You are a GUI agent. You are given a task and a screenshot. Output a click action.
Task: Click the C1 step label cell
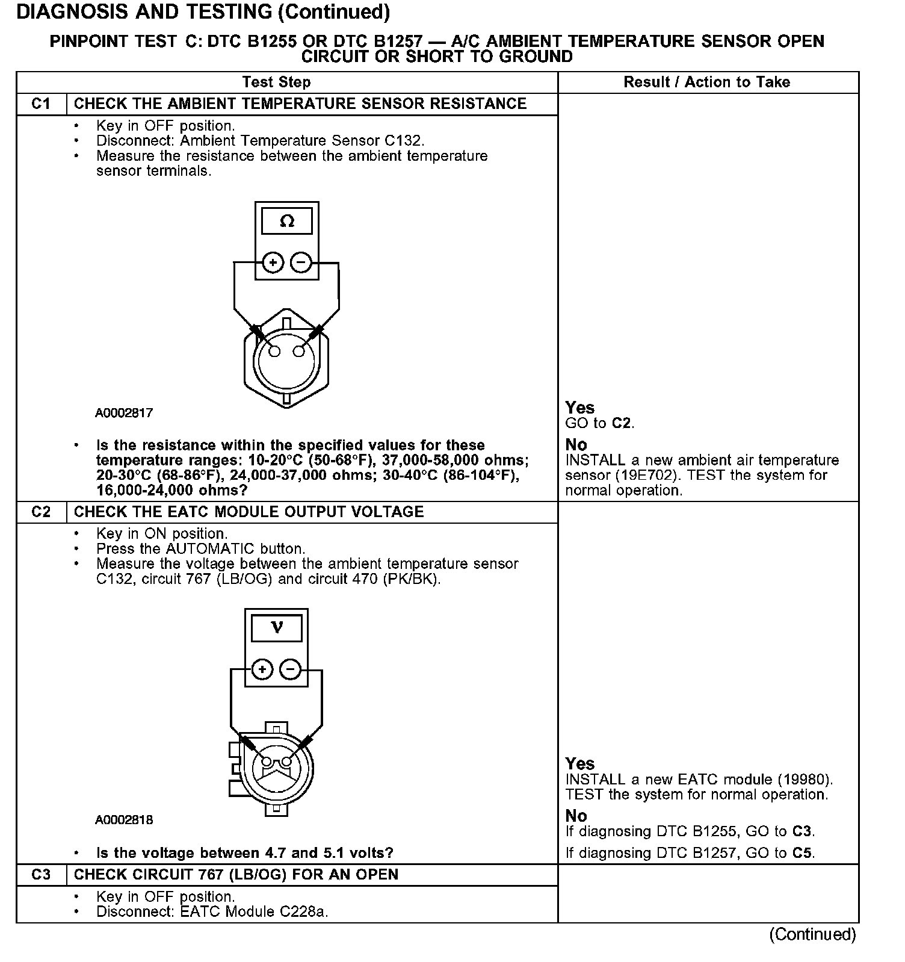[41, 104]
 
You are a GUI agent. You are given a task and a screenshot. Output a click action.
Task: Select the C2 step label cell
[41, 512]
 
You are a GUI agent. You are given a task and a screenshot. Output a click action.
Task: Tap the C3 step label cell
[41, 874]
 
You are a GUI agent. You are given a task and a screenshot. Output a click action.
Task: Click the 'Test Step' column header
[276, 82]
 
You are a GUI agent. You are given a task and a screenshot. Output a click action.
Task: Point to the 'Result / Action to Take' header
[706, 82]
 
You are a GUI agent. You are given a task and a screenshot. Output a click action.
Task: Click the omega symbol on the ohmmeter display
[287, 221]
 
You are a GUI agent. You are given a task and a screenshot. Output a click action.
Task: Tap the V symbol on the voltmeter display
[277, 628]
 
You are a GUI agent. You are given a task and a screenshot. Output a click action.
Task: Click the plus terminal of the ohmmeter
[273, 262]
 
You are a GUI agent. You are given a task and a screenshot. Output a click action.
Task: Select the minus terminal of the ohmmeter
[301, 262]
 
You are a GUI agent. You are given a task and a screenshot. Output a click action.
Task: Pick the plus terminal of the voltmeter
[262, 669]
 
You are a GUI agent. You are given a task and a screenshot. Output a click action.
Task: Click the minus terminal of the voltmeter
[290, 669]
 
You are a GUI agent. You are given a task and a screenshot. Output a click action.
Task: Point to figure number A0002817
[124, 413]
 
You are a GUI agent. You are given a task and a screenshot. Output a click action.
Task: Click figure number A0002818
[124, 819]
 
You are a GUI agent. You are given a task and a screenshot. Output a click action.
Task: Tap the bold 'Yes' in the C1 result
[579, 408]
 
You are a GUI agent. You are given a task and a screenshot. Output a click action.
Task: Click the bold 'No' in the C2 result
[576, 816]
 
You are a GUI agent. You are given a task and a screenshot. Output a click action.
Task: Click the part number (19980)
[804, 780]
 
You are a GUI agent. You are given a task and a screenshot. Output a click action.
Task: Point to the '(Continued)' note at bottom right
[812, 934]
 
